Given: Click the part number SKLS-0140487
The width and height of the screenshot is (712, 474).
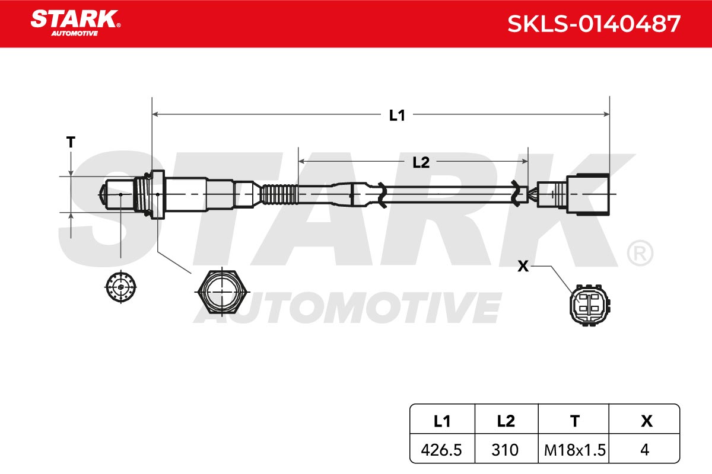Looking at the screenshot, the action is pyautogui.click(x=594, y=24).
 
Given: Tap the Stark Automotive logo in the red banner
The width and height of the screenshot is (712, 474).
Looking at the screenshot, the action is pyautogui.click(x=75, y=23).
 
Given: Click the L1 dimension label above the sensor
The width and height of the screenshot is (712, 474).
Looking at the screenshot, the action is pyautogui.click(x=397, y=116).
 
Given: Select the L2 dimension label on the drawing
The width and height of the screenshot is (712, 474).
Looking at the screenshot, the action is pyautogui.click(x=421, y=162).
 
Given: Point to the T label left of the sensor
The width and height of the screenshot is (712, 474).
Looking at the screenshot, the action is pyautogui.click(x=71, y=142).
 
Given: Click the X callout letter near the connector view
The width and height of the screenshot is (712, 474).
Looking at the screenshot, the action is pyautogui.click(x=523, y=266).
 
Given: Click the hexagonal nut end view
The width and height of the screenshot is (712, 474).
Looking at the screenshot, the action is pyautogui.click(x=221, y=292).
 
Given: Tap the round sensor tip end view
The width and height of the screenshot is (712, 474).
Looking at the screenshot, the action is pyautogui.click(x=121, y=287).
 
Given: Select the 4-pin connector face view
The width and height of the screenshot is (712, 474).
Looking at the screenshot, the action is pyautogui.click(x=590, y=305).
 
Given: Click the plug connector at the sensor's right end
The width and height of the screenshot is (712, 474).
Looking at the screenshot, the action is pyautogui.click(x=573, y=194).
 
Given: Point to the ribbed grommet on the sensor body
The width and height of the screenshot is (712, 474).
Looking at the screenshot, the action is pyautogui.click(x=279, y=194).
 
